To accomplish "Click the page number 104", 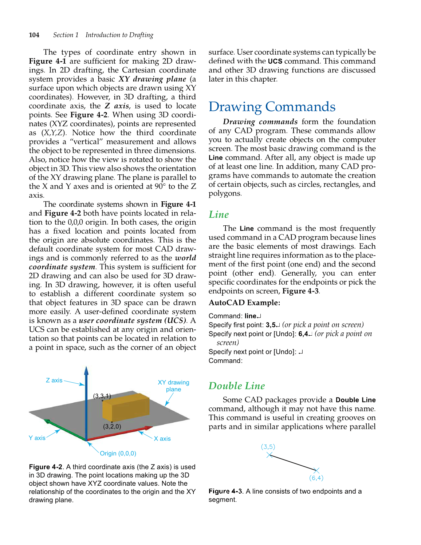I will click(x=34, y=35).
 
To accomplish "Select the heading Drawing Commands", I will click(x=272, y=107).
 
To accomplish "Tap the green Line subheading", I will click(x=219, y=214).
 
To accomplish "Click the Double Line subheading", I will click(x=237, y=386).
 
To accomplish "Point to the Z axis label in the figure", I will click(x=54, y=380).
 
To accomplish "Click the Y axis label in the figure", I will click(x=37, y=438).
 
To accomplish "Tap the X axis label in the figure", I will click(x=162, y=439).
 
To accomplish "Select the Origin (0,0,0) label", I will click(x=118, y=454).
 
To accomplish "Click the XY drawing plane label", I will click(x=173, y=386).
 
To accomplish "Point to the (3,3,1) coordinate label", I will click(x=102, y=396).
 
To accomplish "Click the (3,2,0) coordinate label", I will click(x=112, y=426).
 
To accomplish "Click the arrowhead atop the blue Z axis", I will click(x=86, y=371).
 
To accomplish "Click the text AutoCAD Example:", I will click(x=244, y=303).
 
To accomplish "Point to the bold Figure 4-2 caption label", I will click(x=46, y=467).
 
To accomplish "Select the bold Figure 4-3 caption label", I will click(x=225, y=491).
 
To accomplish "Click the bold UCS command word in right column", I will click(x=275, y=62).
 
